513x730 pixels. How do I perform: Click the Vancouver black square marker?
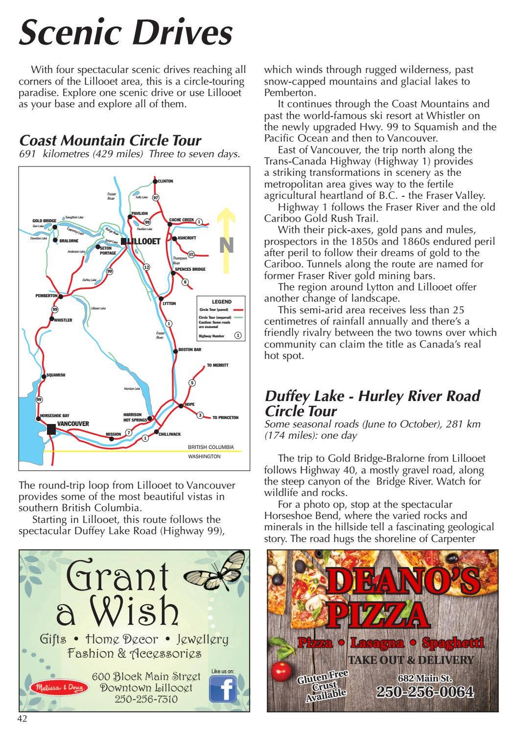point(51,429)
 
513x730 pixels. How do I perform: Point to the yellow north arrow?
point(226,240)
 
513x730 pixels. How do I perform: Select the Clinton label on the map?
point(165,181)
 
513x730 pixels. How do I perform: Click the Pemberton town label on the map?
point(47,296)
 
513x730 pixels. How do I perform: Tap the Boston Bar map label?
point(189,350)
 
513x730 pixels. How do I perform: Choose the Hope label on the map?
point(189,404)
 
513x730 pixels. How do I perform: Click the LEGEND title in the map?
point(221,302)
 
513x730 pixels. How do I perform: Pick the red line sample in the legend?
point(238,310)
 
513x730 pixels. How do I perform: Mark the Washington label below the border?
point(204,456)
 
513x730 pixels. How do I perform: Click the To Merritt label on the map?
point(217,365)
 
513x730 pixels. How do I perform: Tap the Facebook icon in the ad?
point(223,689)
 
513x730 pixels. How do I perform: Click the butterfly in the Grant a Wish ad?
point(215,570)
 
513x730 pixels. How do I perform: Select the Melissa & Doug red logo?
point(59,687)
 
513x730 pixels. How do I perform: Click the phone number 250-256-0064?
point(424,691)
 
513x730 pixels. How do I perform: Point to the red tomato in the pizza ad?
point(281,671)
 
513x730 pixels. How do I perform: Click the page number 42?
point(23,718)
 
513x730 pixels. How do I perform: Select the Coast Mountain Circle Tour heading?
point(110,141)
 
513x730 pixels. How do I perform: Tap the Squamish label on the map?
point(55,375)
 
